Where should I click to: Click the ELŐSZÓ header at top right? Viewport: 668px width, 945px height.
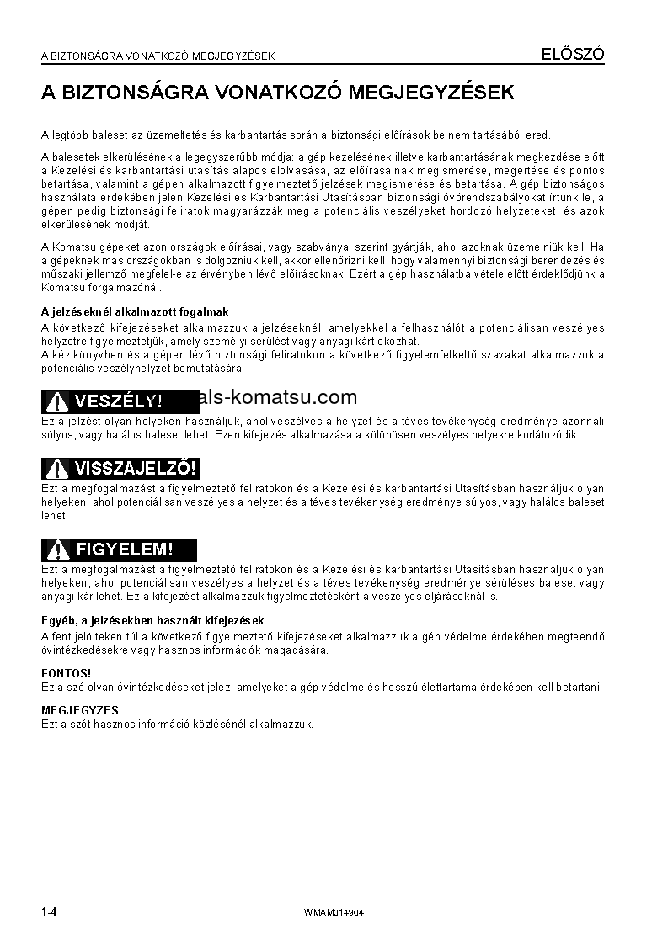pyautogui.click(x=572, y=55)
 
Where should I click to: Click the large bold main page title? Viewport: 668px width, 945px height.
pyautogui.click(x=277, y=93)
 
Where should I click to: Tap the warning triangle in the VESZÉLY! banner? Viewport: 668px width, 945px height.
pyautogui.click(x=57, y=401)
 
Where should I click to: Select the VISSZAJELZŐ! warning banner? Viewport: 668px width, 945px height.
pyautogui.click(x=120, y=468)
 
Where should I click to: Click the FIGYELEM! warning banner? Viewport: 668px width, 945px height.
pyautogui.click(x=119, y=549)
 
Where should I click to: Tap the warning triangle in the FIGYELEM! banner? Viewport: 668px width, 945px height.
pyautogui.click(x=57, y=550)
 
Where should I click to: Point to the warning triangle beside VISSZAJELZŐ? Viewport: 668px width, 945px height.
pyautogui.click(x=57, y=469)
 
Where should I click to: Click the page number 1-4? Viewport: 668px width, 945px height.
pyautogui.click(x=48, y=912)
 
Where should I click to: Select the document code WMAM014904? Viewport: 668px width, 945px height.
pyautogui.click(x=335, y=913)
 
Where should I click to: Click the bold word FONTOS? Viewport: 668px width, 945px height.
pyautogui.click(x=67, y=673)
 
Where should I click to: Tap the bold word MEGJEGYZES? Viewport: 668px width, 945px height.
pyautogui.click(x=80, y=710)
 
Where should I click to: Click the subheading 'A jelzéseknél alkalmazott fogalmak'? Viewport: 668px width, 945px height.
pyautogui.click(x=135, y=311)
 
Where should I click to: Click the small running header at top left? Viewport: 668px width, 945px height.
pyautogui.click(x=158, y=56)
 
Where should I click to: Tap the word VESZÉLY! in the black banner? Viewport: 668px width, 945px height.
pyautogui.click(x=118, y=401)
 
